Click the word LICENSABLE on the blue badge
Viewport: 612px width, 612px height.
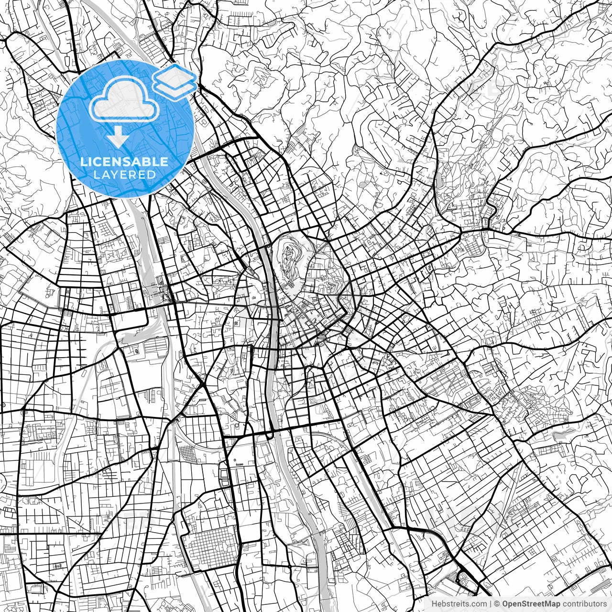click(124, 162)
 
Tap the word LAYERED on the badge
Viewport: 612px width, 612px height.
click(124, 175)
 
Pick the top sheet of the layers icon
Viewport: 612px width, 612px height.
click(175, 76)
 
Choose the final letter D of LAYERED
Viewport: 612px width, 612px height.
click(152, 175)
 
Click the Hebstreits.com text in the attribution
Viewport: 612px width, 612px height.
click(459, 604)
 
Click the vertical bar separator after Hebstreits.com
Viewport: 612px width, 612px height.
click(491, 604)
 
